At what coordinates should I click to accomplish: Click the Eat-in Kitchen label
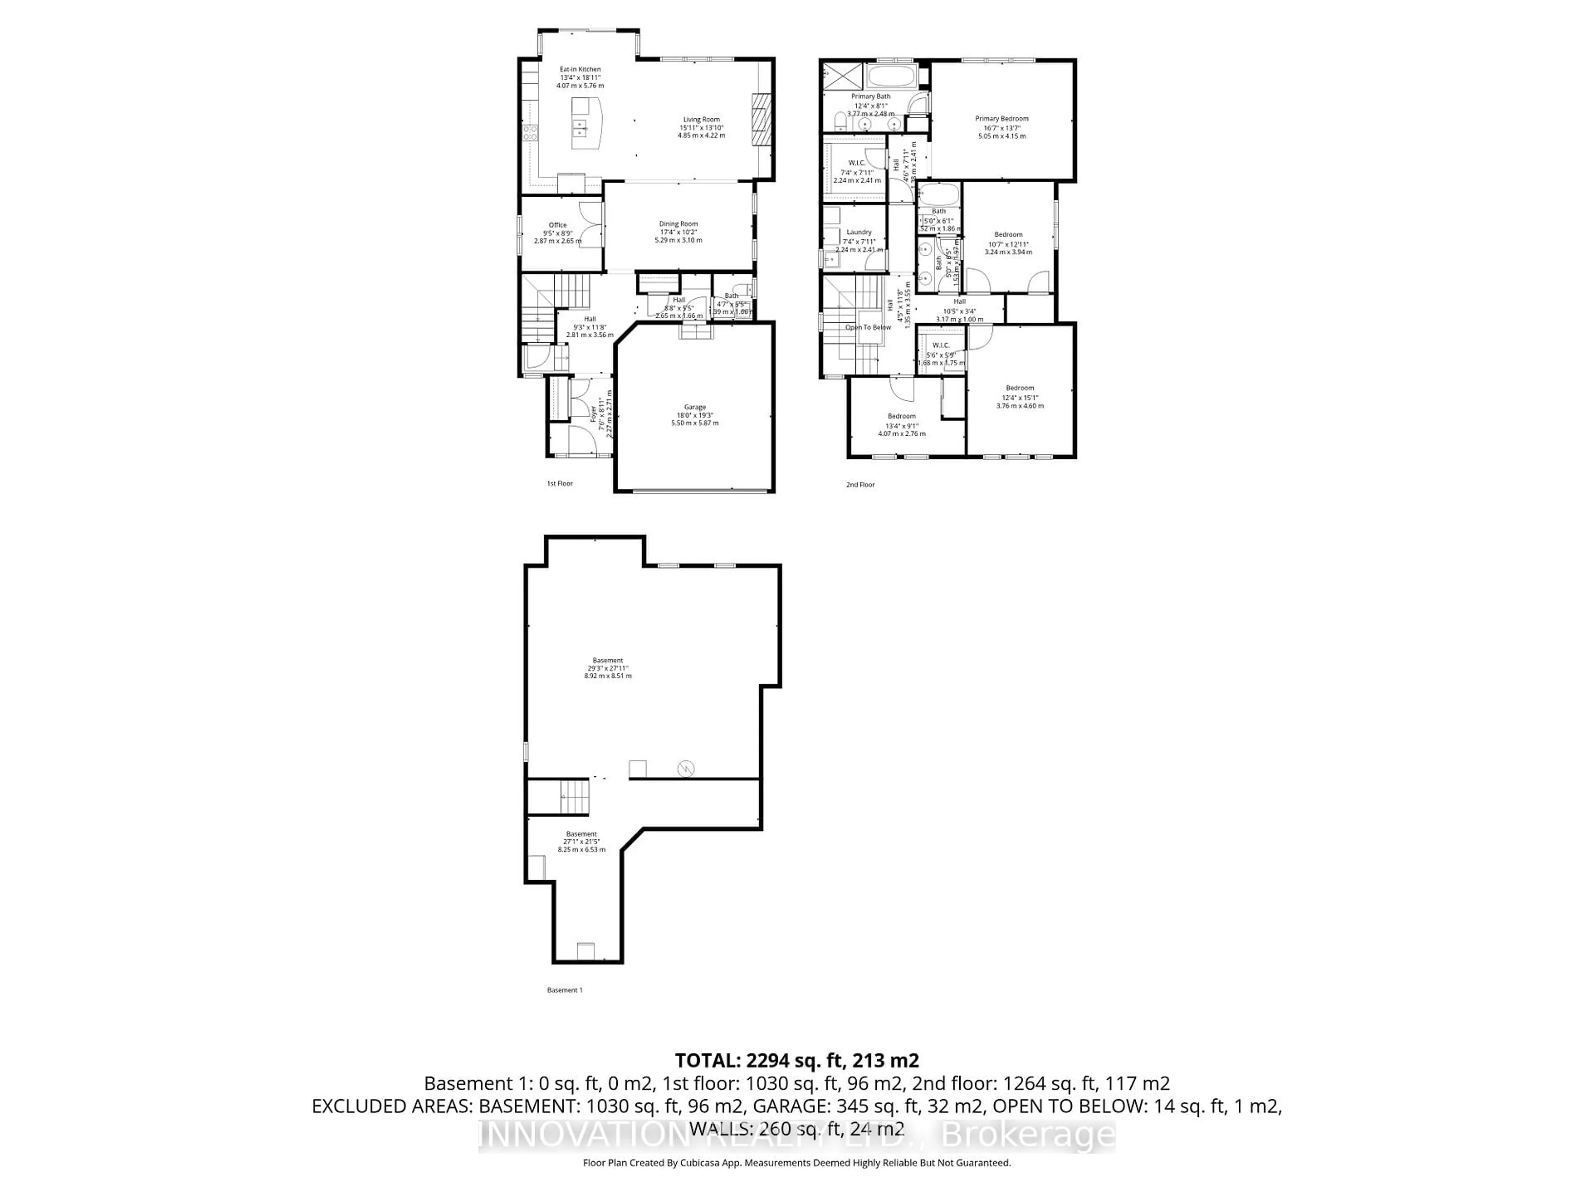point(580,70)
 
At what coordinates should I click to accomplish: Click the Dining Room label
point(678,224)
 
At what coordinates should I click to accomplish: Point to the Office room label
point(557,225)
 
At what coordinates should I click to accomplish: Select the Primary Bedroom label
point(1002,119)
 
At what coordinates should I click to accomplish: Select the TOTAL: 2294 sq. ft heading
point(796,1060)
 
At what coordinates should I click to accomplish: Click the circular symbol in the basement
point(685,769)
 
